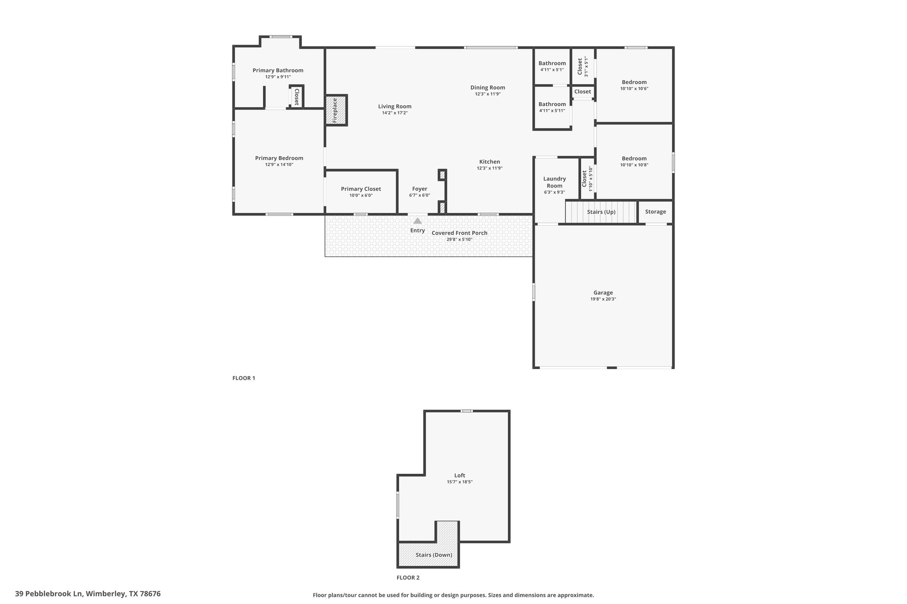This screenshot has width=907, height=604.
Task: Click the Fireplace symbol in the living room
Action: pyautogui.click(x=336, y=110)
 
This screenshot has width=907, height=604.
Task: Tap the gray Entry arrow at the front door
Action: pyautogui.click(x=418, y=220)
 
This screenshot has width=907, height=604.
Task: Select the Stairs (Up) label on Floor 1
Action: pyautogui.click(x=601, y=212)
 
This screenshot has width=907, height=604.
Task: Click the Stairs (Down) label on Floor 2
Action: pyautogui.click(x=434, y=555)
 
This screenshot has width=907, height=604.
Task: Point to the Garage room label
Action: pyautogui.click(x=603, y=292)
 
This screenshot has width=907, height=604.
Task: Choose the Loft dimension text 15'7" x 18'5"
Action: pyautogui.click(x=460, y=482)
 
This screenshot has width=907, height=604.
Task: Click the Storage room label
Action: pyautogui.click(x=655, y=212)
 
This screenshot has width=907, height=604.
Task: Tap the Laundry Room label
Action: pyautogui.click(x=554, y=182)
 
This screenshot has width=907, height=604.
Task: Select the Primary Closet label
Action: pyautogui.click(x=361, y=189)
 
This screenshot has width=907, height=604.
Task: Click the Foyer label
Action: pyautogui.click(x=420, y=189)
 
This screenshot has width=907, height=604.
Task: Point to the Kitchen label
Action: pyautogui.click(x=490, y=162)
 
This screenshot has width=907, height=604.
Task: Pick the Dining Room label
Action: pyautogui.click(x=488, y=88)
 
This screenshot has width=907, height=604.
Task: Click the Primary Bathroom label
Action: pyautogui.click(x=278, y=70)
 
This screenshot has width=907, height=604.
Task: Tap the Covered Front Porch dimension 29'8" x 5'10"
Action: pyautogui.click(x=460, y=239)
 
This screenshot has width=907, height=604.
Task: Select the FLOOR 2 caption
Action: pyautogui.click(x=408, y=577)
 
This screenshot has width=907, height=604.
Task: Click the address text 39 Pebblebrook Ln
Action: pyautogui.click(x=49, y=594)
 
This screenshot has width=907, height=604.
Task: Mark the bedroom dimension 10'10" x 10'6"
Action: pyautogui.click(x=634, y=88)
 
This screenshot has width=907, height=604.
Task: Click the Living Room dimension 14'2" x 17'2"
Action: pyautogui.click(x=395, y=113)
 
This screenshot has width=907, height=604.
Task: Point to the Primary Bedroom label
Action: pyautogui.click(x=279, y=158)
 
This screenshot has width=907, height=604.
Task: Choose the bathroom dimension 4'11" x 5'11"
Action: pyautogui.click(x=552, y=111)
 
